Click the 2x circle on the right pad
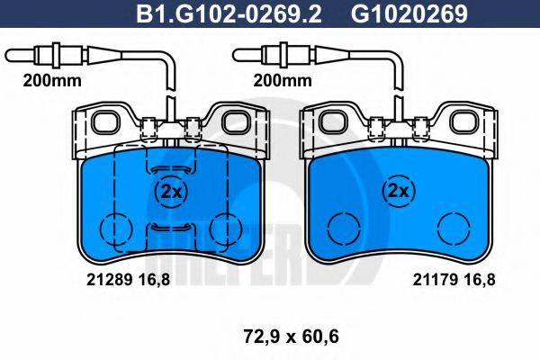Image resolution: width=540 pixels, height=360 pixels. tap(397, 191)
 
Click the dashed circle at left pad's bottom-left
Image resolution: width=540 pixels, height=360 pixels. tap(113, 229)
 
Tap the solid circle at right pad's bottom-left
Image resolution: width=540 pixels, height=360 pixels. tap(341, 229)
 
